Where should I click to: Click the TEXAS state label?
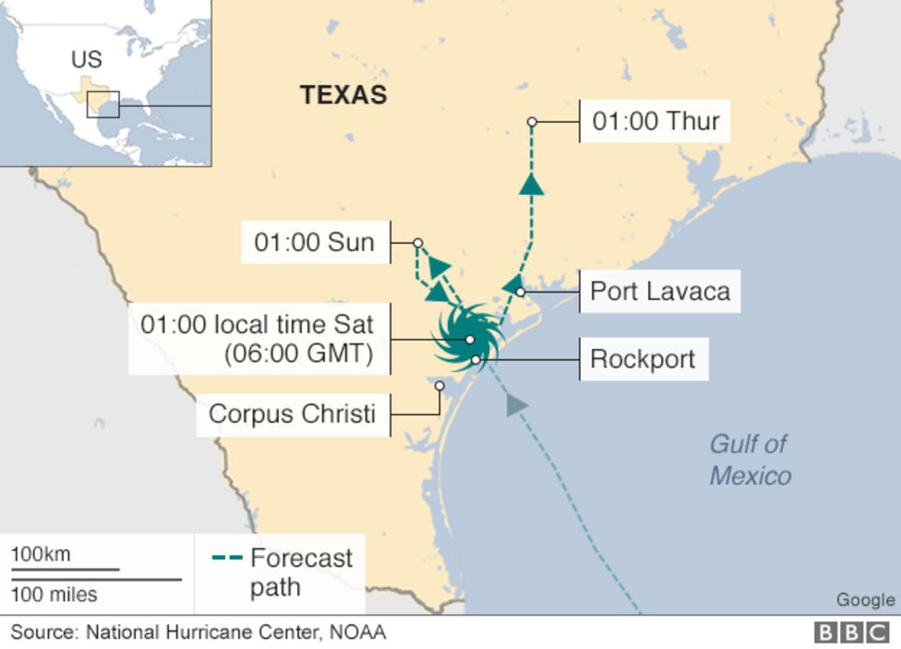pyautogui.click(x=343, y=94)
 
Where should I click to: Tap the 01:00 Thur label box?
pyautogui.click(x=655, y=121)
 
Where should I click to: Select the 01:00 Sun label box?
pyautogui.click(x=315, y=243)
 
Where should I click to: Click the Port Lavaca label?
pyautogui.click(x=660, y=292)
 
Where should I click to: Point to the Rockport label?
pyautogui.click(x=643, y=358)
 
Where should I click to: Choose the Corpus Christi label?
pyautogui.click(x=292, y=413)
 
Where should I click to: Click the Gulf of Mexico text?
pyautogui.click(x=750, y=460)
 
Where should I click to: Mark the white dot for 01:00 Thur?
pyautogui.click(x=532, y=122)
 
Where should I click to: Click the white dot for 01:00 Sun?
pyautogui.click(x=417, y=244)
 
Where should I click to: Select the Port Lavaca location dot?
pyautogui.click(x=521, y=292)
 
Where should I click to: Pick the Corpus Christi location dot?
pyautogui.click(x=439, y=386)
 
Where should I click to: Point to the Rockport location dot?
pyautogui.click(x=475, y=359)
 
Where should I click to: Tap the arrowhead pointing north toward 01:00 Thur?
pyautogui.click(x=531, y=185)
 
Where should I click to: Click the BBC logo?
pyautogui.click(x=852, y=632)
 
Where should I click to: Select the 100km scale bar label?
pyautogui.click(x=41, y=555)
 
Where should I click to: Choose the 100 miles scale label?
pyautogui.click(x=54, y=594)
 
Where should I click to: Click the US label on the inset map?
pyautogui.click(x=86, y=60)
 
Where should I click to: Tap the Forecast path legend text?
pyautogui.click(x=300, y=572)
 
